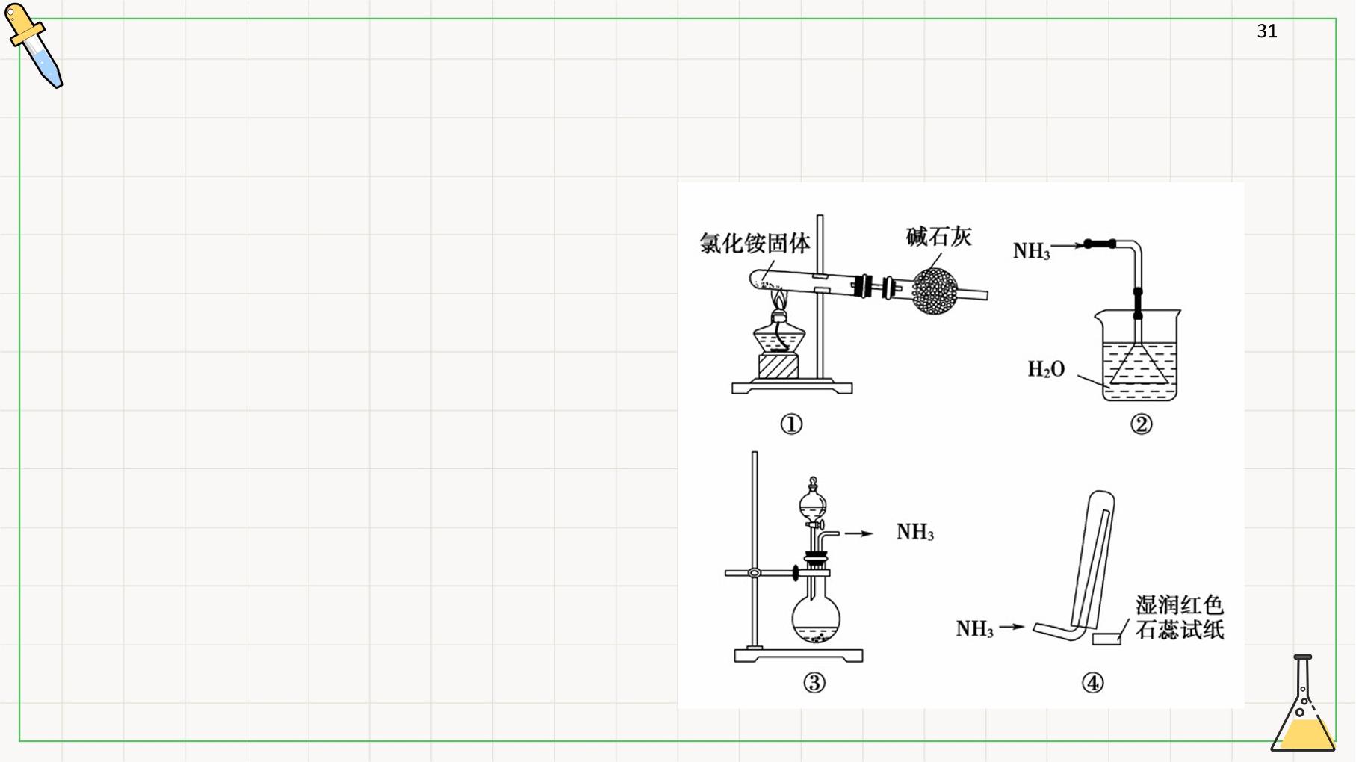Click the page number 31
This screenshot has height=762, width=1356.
tap(1267, 31)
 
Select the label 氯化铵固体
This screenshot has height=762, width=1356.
tap(755, 243)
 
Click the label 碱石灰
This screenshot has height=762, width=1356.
tap(938, 237)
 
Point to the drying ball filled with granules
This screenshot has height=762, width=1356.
tap(935, 291)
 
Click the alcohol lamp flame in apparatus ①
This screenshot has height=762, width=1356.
tap(779, 300)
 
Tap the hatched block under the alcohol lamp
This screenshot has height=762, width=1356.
tap(778, 366)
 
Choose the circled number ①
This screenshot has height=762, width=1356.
tap(791, 424)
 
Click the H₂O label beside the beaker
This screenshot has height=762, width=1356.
tap(1046, 369)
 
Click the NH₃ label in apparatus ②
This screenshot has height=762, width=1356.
tap(1031, 251)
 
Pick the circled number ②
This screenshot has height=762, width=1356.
tap(1141, 424)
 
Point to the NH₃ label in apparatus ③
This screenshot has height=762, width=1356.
tap(915, 532)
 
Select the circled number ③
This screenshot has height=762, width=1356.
tap(814, 683)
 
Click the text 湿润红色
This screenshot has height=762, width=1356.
tap(1180, 605)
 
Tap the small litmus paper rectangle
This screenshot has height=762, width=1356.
tap(1106, 639)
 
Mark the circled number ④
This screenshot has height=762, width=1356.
tap(1092, 683)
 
